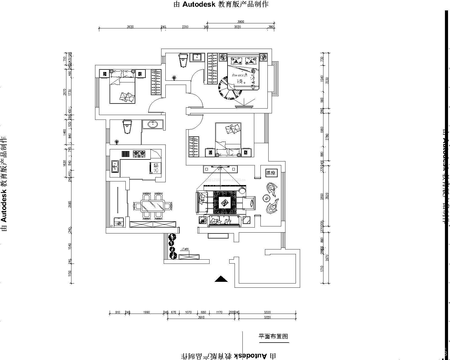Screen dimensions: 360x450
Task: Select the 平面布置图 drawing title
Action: click(x=273, y=336)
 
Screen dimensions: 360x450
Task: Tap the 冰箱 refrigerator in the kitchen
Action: click(x=154, y=168)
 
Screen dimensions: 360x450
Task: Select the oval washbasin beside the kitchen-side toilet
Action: click(x=152, y=124)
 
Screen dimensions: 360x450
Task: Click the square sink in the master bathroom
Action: click(x=197, y=57)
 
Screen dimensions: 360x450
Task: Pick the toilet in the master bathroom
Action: click(x=183, y=60)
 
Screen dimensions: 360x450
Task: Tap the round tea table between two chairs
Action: click(x=266, y=198)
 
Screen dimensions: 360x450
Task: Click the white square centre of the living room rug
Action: click(x=225, y=202)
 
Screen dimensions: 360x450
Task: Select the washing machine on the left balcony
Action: click(x=118, y=222)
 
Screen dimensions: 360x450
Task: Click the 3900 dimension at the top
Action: click(x=240, y=22)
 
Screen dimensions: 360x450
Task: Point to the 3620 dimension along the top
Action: click(x=130, y=27)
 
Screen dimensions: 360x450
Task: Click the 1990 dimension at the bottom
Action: click(x=146, y=312)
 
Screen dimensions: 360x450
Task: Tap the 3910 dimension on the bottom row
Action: click(x=201, y=317)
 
